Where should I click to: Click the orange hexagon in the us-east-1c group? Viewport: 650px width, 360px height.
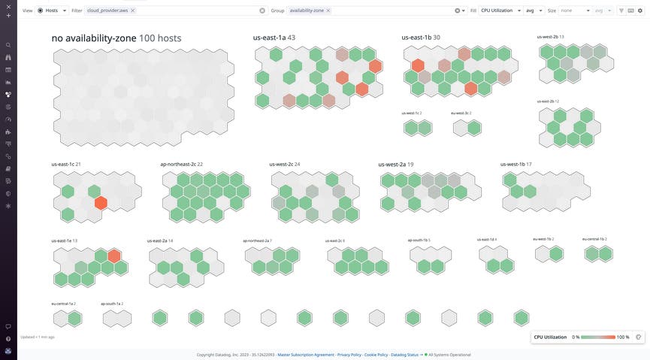[101, 203]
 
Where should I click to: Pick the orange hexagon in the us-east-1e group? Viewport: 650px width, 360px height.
[114, 256]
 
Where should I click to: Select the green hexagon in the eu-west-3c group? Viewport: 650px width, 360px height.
[473, 128]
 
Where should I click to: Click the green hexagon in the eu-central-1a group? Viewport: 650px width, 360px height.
[74, 319]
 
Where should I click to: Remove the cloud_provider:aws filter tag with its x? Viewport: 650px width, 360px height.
[133, 11]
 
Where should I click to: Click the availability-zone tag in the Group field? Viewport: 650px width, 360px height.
[307, 11]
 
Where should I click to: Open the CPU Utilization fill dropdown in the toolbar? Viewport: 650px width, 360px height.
[500, 11]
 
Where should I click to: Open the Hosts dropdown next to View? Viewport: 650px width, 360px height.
[52, 11]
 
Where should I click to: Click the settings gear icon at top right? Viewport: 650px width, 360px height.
[640, 11]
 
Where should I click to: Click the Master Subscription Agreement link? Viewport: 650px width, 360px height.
[305, 355]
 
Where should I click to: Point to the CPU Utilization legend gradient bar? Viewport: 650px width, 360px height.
[597, 337]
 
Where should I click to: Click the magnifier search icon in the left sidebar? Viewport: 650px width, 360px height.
[8, 45]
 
